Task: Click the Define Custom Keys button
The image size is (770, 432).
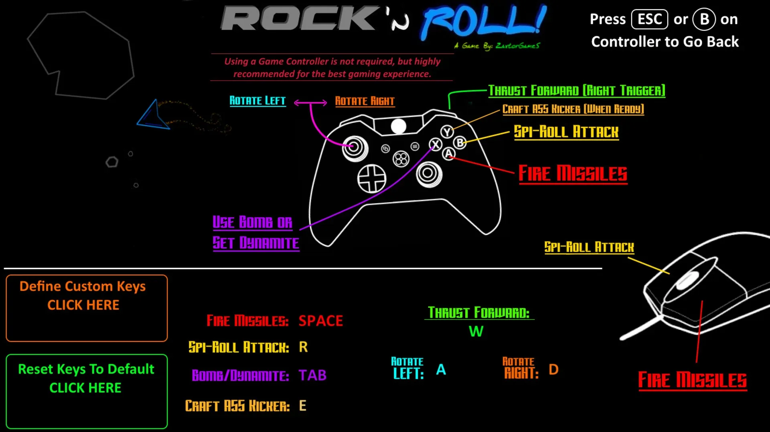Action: click(x=87, y=308)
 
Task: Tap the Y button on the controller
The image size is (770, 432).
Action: click(x=447, y=131)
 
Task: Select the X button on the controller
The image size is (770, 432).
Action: click(x=436, y=144)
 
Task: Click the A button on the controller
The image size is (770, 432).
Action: click(x=449, y=153)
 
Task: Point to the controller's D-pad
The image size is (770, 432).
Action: click(x=372, y=179)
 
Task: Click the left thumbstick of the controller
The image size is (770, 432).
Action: click(x=355, y=147)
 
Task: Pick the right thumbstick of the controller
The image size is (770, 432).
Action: click(x=429, y=174)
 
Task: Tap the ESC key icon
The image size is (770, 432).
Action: click(x=650, y=19)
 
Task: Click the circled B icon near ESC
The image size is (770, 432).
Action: click(x=704, y=19)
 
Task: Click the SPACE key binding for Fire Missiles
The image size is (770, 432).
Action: click(x=321, y=321)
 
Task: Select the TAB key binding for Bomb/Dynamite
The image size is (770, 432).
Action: click(x=312, y=375)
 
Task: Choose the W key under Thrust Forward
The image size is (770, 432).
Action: click(x=476, y=331)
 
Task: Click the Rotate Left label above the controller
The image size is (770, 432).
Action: click(x=257, y=101)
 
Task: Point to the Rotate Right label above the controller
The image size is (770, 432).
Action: click(x=365, y=101)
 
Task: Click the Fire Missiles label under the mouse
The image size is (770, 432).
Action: click(x=693, y=380)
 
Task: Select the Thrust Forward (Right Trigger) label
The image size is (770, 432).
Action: click(x=577, y=91)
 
